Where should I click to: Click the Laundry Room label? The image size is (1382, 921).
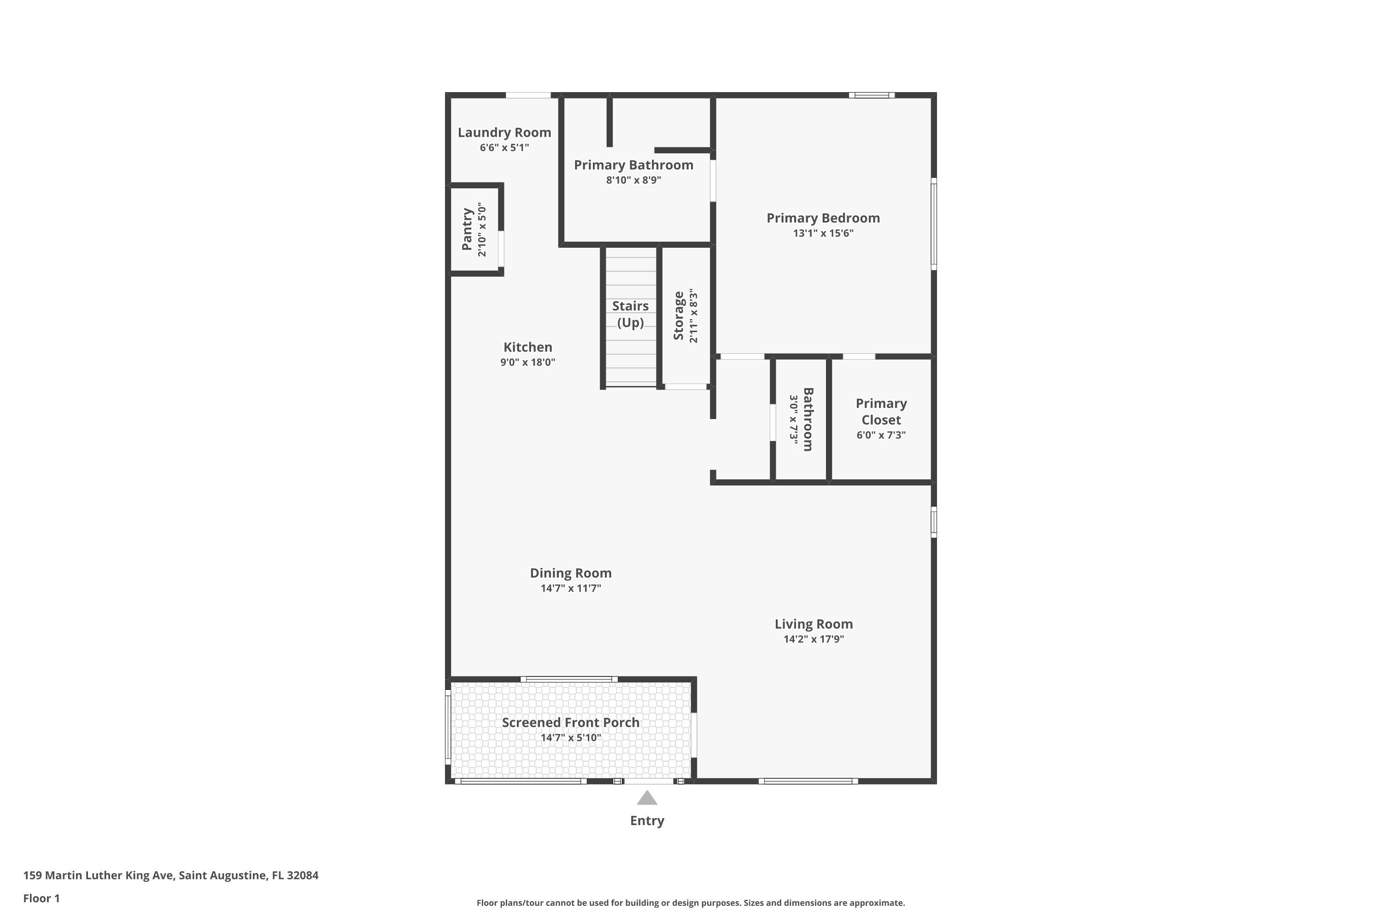point(504,133)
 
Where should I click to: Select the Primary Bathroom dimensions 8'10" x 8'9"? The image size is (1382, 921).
point(633,180)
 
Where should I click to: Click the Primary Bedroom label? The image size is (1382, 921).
point(823,218)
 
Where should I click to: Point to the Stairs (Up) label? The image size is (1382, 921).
point(631,314)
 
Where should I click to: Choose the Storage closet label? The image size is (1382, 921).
point(679,315)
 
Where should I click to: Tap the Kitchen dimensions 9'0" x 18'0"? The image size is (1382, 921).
point(527,362)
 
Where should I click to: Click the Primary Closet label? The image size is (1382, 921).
point(881,411)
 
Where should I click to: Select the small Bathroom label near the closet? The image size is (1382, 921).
point(808,420)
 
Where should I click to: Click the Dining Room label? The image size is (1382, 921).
point(571,573)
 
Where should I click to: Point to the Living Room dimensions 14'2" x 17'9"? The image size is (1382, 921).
point(814,639)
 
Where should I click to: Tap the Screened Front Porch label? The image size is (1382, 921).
point(571,723)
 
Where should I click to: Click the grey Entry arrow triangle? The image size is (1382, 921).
point(647,798)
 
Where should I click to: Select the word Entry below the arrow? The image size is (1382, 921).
point(647,821)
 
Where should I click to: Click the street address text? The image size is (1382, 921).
point(171,875)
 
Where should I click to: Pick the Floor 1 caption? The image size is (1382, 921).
point(42,898)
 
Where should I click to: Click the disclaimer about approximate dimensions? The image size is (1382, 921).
point(691,903)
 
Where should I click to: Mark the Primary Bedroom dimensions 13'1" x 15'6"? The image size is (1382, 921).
point(823,233)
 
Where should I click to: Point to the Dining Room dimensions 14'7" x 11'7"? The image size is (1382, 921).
point(571,588)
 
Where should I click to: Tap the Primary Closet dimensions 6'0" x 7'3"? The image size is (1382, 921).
point(881,435)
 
